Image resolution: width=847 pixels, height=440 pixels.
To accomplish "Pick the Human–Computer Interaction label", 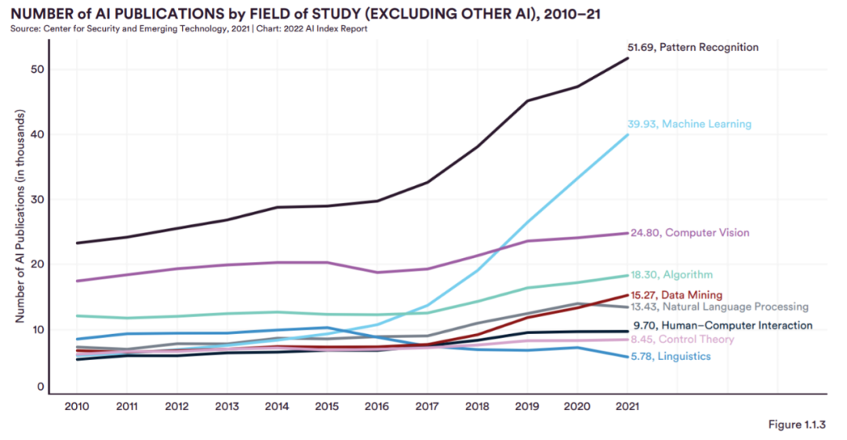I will tap(722, 325).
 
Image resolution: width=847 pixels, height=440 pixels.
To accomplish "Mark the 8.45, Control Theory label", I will tap(682, 340).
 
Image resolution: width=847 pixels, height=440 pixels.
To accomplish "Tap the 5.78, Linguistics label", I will tap(671, 357).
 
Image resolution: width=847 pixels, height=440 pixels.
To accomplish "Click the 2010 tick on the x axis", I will tap(76, 407).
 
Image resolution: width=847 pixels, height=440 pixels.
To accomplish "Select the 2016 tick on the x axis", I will tap(377, 407).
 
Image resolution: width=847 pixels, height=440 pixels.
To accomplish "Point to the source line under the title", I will tap(189, 29).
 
